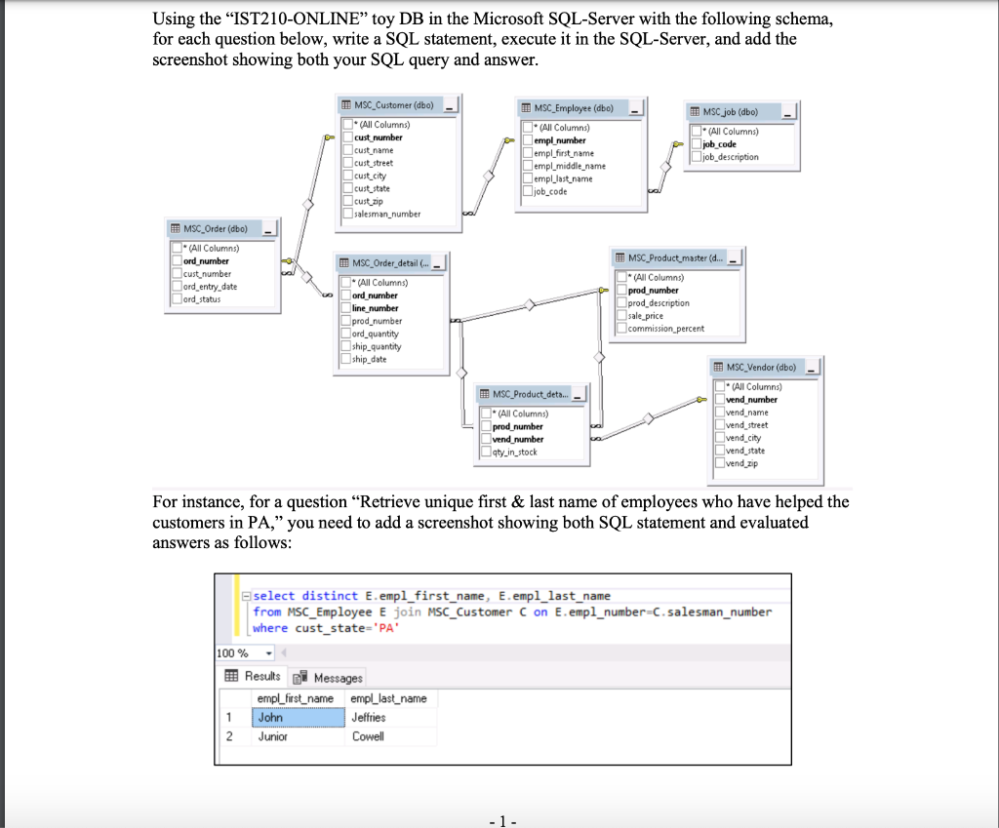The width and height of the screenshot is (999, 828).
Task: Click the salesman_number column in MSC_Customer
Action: (387, 214)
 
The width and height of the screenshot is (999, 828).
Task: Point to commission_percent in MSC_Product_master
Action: (665, 329)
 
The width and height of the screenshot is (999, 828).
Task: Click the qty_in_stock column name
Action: (514, 452)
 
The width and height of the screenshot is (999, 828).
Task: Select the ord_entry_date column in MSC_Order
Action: (211, 287)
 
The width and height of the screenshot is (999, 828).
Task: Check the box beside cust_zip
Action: (346, 201)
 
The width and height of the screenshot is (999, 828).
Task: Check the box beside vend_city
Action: (718, 438)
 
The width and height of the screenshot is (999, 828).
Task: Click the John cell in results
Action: (270, 718)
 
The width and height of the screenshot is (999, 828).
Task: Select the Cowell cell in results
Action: (368, 736)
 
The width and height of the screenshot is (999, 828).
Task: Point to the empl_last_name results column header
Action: (388, 698)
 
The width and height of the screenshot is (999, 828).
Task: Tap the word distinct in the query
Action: (330, 596)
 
